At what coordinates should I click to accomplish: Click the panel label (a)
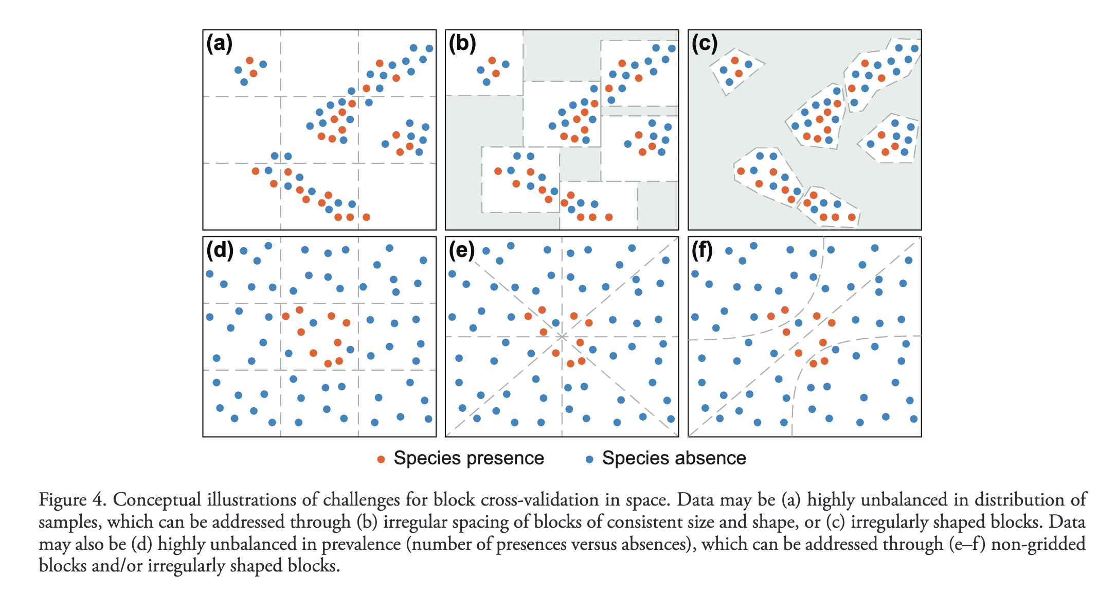pyautogui.click(x=220, y=44)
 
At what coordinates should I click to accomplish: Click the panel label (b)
pyautogui.click(x=462, y=44)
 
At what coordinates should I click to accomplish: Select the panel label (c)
pyautogui.click(x=705, y=44)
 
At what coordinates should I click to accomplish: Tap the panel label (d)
pyautogui.click(x=220, y=251)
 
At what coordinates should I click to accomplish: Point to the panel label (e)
pyautogui.click(x=462, y=251)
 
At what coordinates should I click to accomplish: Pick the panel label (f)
pyautogui.click(x=703, y=251)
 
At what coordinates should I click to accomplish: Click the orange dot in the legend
pyautogui.click(x=381, y=459)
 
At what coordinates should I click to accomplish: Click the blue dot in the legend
pyautogui.click(x=589, y=459)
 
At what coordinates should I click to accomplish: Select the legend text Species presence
pyautogui.click(x=469, y=458)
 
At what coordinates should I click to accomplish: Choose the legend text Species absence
pyautogui.click(x=674, y=458)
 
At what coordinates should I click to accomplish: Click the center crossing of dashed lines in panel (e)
pyautogui.click(x=562, y=337)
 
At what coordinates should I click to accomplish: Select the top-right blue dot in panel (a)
pyautogui.click(x=429, y=48)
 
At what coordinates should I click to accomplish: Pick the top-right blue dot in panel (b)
pyautogui.click(x=672, y=48)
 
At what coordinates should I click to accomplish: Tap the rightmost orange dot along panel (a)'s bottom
pyautogui.click(x=366, y=217)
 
